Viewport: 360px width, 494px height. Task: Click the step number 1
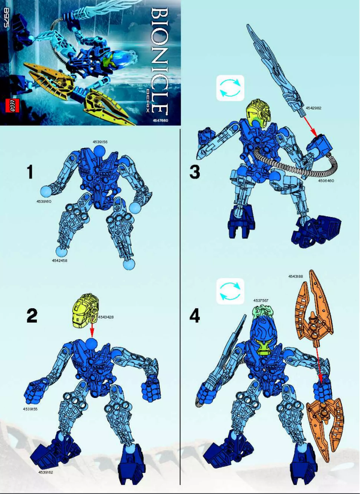click(x=30, y=172)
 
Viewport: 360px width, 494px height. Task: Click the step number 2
click(x=31, y=316)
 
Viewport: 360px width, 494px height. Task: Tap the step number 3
click(x=194, y=172)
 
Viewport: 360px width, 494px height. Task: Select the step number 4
click(x=194, y=316)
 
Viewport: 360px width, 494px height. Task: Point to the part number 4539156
click(x=101, y=142)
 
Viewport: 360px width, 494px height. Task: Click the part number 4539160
click(x=44, y=202)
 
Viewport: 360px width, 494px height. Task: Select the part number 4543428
click(x=106, y=317)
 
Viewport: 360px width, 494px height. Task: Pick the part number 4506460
click(x=326, y=181)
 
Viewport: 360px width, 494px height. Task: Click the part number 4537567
click(x=261, y=301)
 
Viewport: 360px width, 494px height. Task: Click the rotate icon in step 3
click(x=230, y=87)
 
